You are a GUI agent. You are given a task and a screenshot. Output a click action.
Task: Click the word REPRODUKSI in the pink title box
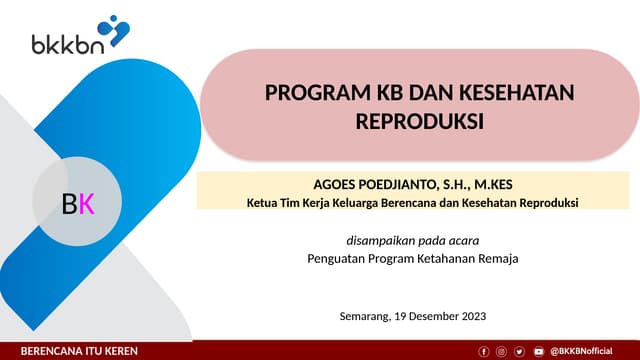pos(420,121)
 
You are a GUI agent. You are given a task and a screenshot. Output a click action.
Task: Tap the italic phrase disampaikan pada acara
pos(412,240)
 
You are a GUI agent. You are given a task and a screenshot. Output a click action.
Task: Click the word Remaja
pos(497,258)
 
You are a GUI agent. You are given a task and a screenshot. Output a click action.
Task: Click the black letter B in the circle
pos(69,204)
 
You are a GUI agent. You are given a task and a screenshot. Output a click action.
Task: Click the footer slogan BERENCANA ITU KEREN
pos(80,351)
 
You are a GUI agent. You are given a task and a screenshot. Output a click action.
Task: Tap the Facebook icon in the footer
pos(485,351)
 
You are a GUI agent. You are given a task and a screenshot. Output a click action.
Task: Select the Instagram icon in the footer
pos(502,351)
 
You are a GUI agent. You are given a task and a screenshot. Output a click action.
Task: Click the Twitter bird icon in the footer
pos(520,351)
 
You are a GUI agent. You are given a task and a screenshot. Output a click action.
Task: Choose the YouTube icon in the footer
pos(538,351)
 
